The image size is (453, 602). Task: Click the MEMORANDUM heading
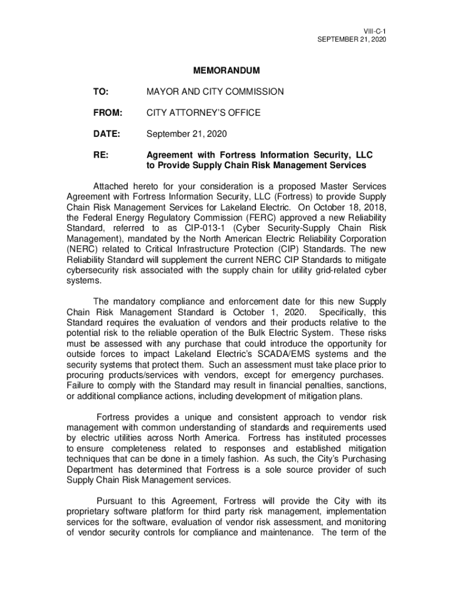[x=226, y=71]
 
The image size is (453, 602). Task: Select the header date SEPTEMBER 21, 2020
[x=352, y=39]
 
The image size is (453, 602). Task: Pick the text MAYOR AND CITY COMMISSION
[x=215, y=92]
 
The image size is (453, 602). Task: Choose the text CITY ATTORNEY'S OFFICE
[x=203, y=112]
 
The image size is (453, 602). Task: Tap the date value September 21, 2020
[x=186, y=134]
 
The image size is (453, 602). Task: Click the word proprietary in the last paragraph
[x=91, y=511]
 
